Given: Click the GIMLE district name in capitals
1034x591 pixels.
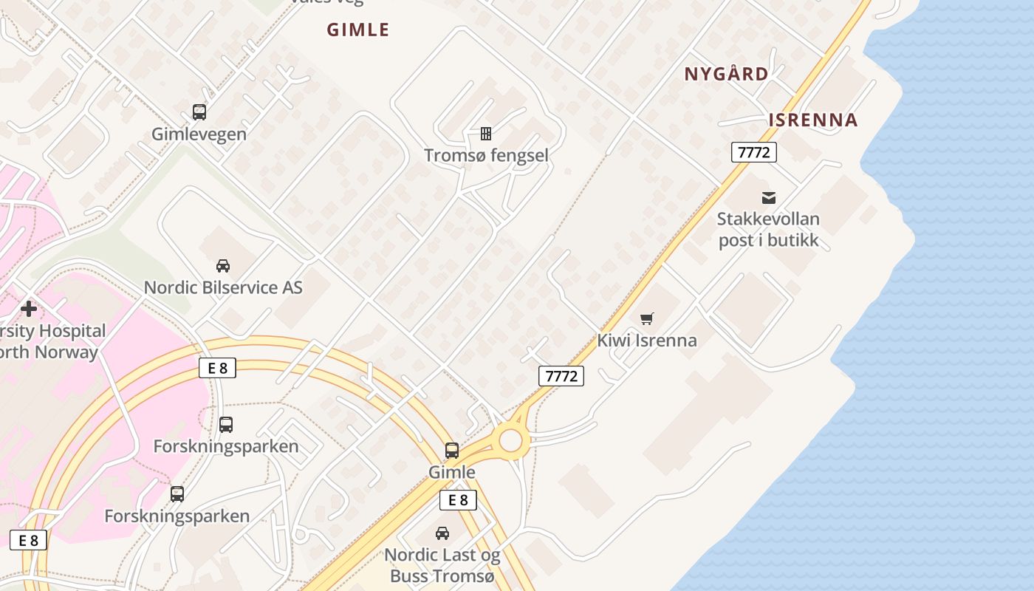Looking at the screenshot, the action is (358, 30).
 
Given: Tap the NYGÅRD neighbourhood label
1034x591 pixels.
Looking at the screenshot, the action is (726, 74).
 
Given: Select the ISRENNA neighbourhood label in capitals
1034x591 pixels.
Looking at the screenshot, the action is (813, 120).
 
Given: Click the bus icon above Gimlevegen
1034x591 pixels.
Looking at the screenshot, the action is (199, 112).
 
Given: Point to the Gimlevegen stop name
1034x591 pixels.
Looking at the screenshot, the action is (199, 134).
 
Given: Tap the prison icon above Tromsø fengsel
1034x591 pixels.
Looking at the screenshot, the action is (486, 134).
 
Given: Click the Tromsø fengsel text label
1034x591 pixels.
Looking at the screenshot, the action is (486, 155).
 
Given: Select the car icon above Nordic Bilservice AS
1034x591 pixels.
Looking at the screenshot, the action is (222, 266).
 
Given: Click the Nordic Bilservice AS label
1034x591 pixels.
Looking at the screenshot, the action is (223, 287).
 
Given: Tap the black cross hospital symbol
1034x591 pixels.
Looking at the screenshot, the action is (29, 309).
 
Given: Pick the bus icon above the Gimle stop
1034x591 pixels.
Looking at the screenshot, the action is (452, 450).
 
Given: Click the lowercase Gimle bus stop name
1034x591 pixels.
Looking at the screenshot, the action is (452, 472).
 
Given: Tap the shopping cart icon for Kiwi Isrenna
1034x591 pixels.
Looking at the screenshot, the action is (647, 318).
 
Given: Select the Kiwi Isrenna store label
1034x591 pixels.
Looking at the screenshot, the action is (647, 341).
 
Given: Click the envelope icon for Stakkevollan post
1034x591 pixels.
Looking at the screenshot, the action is (769, 198).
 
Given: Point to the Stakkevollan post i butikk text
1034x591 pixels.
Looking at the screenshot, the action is (768, 230).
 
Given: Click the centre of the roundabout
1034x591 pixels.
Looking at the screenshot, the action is (511, 441).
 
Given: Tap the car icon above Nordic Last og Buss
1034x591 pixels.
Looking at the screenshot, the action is (442, 533).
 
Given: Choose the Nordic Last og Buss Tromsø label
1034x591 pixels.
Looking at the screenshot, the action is (442, 565).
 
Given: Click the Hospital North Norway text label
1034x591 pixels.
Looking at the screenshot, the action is (52, 341).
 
